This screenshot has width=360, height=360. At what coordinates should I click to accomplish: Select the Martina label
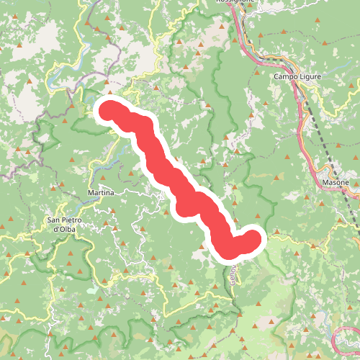[100, 194]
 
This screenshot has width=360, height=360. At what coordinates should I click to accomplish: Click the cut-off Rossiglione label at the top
[236, 2]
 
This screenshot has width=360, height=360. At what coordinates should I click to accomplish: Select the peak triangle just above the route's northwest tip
[110, 93]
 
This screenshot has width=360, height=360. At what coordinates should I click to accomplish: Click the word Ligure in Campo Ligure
[307, 76]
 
